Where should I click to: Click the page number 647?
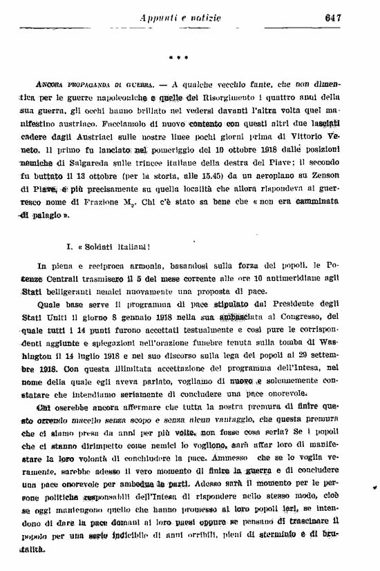(x=334, y=18)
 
